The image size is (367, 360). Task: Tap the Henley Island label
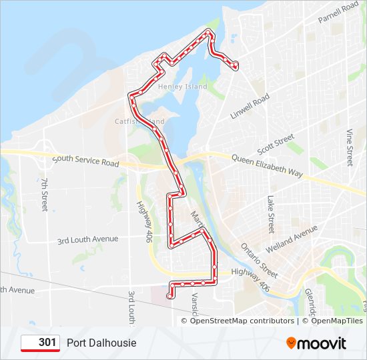(x=188, y=87)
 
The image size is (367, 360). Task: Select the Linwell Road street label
(x=250, y=107)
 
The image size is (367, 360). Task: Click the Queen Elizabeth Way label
(x=267, y=165)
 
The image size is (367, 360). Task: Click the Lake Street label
(x=271, y=214)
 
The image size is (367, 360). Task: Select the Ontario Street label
(x=260, y=260)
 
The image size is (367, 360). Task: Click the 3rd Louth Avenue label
(x=87, y=239)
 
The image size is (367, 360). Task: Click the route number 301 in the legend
(x=47, y=343)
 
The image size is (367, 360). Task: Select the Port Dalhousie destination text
(x=101, y=343)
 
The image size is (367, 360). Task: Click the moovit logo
(x=316, y=343)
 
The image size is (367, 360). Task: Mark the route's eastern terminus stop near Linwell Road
(x=236, y=65)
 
